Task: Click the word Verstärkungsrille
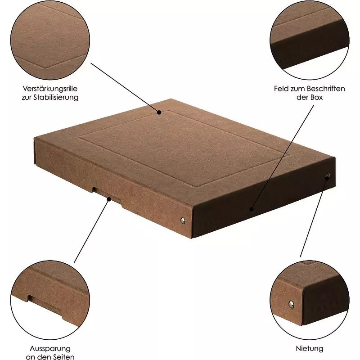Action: click(x=50, y=89)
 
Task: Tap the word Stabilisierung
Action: click(x=56, y=98)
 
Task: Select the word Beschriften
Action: click(x=326, y=89)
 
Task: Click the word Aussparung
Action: click(x=50, y=349)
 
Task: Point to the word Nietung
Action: click(x=310, y=348)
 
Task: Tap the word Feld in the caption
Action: click(x=281, y=89)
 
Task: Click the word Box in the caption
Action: click(x=316, y=97)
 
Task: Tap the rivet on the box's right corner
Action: click(x=328, y=176)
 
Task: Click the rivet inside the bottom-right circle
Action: click(x=291, y=305)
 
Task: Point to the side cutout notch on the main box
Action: click(x=107, y=194)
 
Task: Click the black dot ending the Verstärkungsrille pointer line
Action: click(x=159, y=112)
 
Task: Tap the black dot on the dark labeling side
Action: click(x=252, y=209)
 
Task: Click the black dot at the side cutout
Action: click(x=109, y=199)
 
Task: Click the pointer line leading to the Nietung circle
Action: click(x=314, y=217)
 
